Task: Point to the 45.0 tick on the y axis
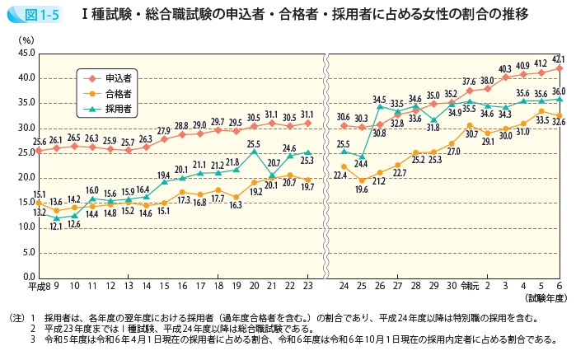(25, 54)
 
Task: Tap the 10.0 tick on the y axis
(25, 227)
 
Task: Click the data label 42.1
(558, 59)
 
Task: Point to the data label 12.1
(57, 227)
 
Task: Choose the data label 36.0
(558, 91)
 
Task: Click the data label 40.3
(505, 68)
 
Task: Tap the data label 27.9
(165, 131)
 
